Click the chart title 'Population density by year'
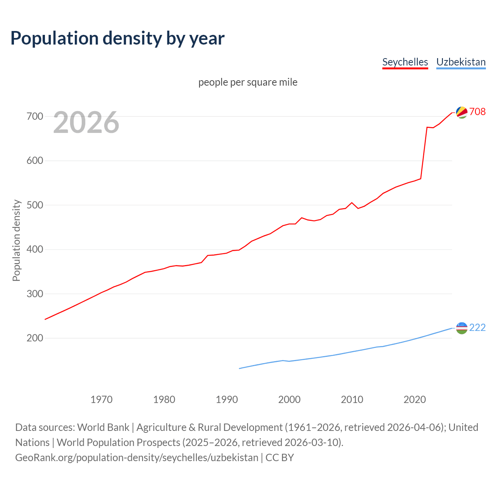pyautogui.click(x=117, y=38)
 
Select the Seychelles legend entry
pyautogui.click(x=405, y=62)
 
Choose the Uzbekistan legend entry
pyautogui.click(x=461, y=62)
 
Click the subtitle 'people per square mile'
pyautogui.click(x=248, y=82)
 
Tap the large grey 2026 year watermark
pyautogui.click(x=86, y=122)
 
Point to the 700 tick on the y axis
pyautogui.click(x=34, y=116)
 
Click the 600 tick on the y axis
pyautogui.click(x=34, y=160)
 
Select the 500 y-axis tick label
pyautogui.click(x=34, y=205)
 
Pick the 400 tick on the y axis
pyautogui.click(x=34, y=249)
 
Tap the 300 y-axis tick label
pyautogui.click(x=34, y=294)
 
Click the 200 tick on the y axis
pyautogui.click(x=34, y=338)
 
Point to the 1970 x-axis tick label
pyautogui.click(x=102, y=400)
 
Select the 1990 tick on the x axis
pyautogui.click(x=227, y=400)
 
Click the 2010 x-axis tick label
pyautogui.click(x=352, y=400)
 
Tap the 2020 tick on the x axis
pyautogui.click(x=415, y=400)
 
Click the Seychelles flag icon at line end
pyautogui.click(x=462, y=112)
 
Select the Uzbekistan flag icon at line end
pyautogui.click(x=462, y=328)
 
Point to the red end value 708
pyautogui.click(x=477, y=112)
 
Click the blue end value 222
pyautogui.click(x=477, y=327)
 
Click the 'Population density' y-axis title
pyautogui.click(x=16, y=240)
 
